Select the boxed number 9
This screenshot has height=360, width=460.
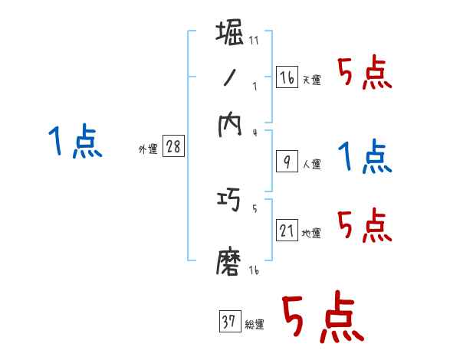[x=286, y=161]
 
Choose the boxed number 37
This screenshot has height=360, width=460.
[x=229, y=322]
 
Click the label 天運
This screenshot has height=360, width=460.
[x=311, y=80]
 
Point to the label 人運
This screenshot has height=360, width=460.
[x=311, y=164]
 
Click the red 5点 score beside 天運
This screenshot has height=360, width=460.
[x=365, y=74]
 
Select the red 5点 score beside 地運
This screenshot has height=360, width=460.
[x=365, y=226]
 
